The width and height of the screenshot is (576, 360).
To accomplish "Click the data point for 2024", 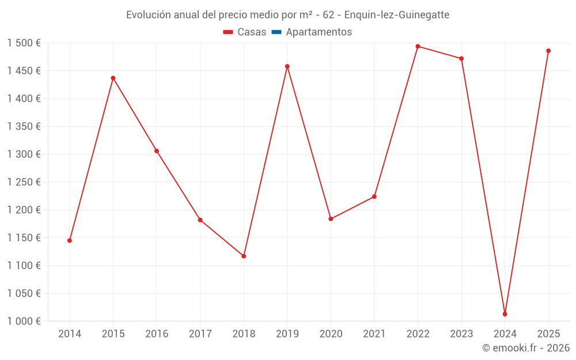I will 505,314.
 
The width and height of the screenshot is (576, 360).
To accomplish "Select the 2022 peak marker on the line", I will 418,47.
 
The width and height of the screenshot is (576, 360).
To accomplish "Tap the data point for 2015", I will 113,78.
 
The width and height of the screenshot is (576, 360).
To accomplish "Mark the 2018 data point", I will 244,256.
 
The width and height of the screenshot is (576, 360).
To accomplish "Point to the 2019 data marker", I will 287,66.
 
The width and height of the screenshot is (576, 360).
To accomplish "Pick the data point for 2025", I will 548,51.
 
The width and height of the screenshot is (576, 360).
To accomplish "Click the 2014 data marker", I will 70,240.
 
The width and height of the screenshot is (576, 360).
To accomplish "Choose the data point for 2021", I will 374,196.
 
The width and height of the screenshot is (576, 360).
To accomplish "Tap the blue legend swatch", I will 276,32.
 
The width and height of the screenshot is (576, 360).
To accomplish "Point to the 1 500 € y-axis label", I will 24,43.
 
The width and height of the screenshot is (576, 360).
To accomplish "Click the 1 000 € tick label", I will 24,321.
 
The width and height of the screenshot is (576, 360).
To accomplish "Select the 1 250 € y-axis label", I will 24,182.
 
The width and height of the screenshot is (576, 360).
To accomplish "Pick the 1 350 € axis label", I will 24,127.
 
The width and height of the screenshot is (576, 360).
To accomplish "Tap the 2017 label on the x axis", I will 200,334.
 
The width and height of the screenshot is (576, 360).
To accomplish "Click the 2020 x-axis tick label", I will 331,334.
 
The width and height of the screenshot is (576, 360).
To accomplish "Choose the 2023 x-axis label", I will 461,334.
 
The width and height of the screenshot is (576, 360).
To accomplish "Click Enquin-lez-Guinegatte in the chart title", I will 397,15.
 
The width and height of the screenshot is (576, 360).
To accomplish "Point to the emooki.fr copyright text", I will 525,348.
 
